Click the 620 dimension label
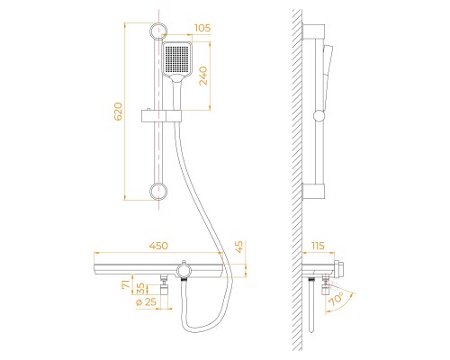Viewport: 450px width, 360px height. pyautogui.click(x=119, y=112)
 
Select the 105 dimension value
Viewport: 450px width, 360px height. pyautogui.click(x=202, y=28)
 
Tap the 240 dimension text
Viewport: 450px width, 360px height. pyautogui.click(x=203, y=76)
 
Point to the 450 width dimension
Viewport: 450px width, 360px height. pyautogui.click(x=158, y=246)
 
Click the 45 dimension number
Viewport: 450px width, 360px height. pyautogui.click(x=239, y=247)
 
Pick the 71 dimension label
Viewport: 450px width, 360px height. pyautogui.click(x=127, y=283)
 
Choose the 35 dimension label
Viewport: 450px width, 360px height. pyautogui.click(x=140, y=288)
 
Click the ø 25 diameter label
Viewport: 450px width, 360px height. pyautogui.click(x=146, y=302)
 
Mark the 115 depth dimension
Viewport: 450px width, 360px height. pyautogui.click(x=318, y=246)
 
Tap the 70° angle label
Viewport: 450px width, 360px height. pyautogui.click(x=337, y=300)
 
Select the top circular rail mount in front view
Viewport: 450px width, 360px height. pyautogui.click(x=158, y=31)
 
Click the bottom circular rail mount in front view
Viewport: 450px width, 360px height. pyautogui.click(x=158, y=192)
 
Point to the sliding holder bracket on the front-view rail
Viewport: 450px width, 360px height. pyautogui.click(x=161, y=116)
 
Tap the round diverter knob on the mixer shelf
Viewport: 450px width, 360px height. pyautogui.click(x=184, y=271)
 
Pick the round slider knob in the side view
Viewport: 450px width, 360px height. pyautogui.click(x=319, y=116)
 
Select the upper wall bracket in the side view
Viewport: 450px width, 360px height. pyautogui.click(x=313, y=31)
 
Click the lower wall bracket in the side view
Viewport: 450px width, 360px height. pyautogui.click(x=313, y=191)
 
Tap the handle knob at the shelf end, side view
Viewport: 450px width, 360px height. pyautogui.click(x=338, y=268)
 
